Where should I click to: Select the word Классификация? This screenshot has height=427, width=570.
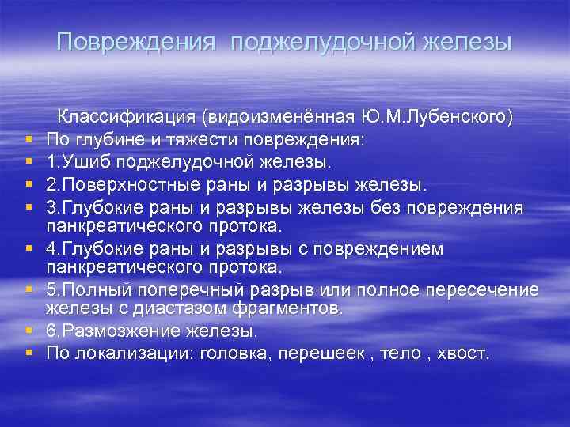click(127, 117)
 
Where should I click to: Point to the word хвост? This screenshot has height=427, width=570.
click(463, 353)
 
